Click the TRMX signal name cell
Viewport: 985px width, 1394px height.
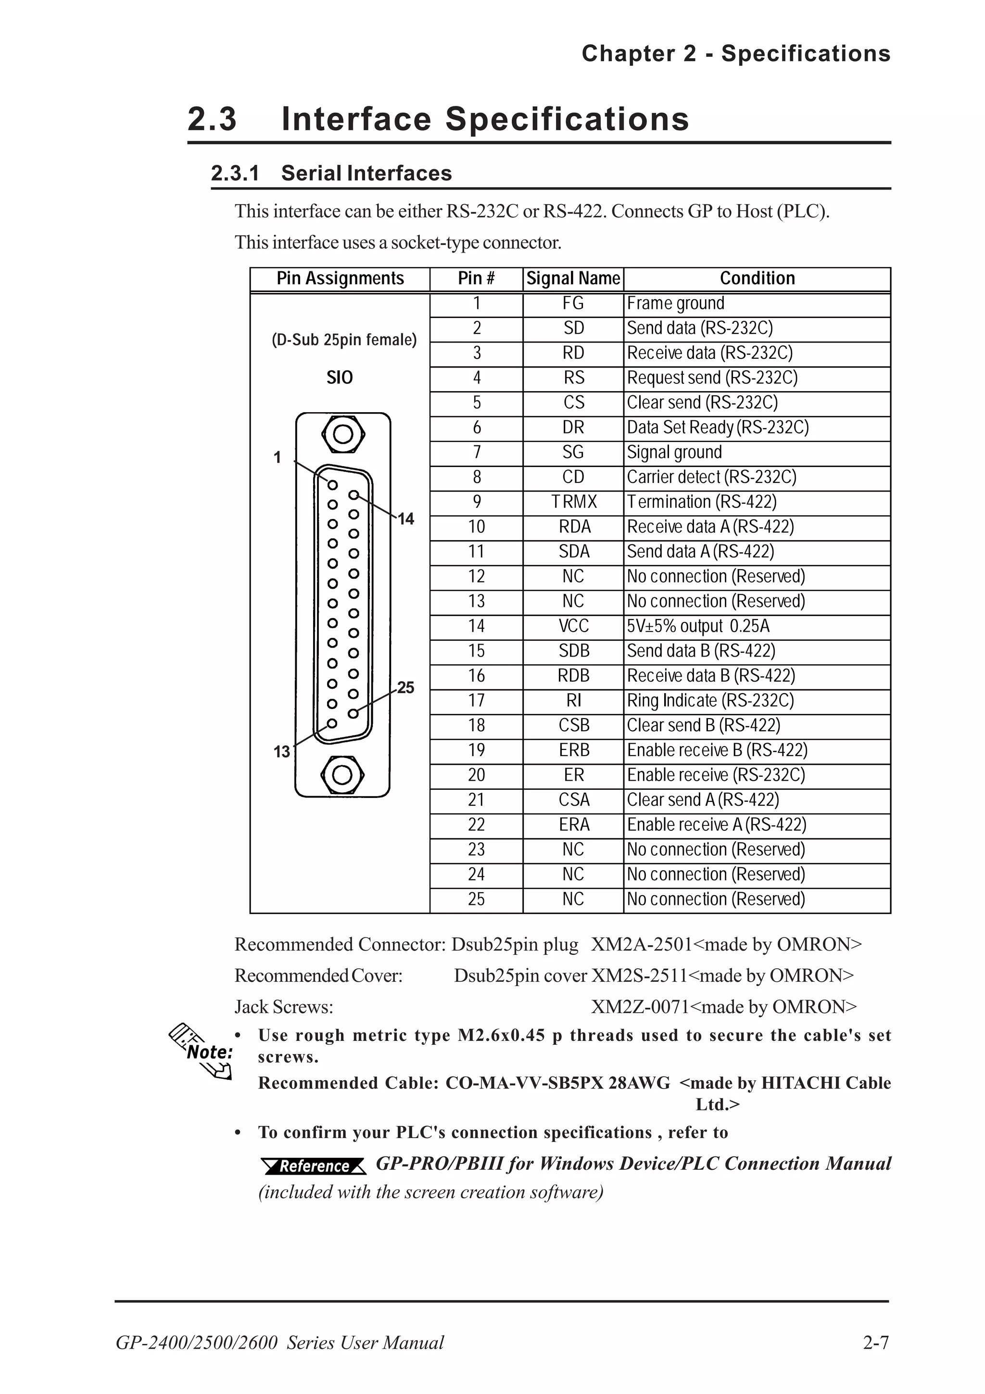point(573,502)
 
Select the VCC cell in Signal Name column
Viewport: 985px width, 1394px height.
point(573,626)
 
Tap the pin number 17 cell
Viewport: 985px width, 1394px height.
point(477,701)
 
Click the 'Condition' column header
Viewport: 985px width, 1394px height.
point(757,278)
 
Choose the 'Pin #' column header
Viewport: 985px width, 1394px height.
point(477,278)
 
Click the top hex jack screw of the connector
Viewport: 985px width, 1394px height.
point(343,434)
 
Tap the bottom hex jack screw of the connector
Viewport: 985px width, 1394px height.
point(342,775)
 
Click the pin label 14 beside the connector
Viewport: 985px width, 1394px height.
point(405,519)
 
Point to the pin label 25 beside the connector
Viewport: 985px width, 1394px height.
point(405,687)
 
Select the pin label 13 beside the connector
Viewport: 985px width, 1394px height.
point(282,752)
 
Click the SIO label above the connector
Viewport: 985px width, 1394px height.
point(339,378)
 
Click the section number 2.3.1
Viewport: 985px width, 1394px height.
point(235,173)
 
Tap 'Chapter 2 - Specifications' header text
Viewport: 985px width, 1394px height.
point(735,53)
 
